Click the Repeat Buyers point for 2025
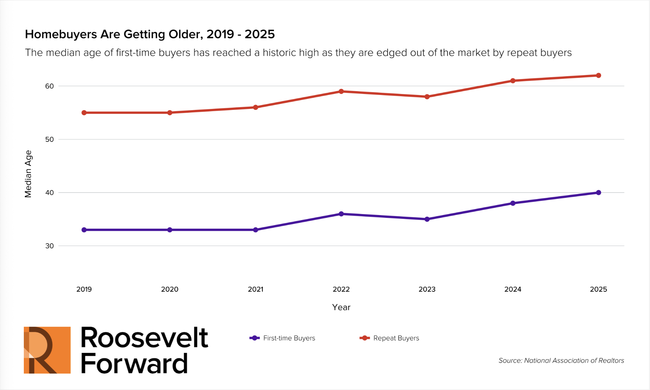pos(598,76)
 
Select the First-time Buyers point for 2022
pos(341,214)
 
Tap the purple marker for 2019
pos(84,230)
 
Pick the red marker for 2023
pos(427,97)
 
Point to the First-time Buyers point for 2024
pos(513,203)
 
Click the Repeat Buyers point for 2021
pos(256,107)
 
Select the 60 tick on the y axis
pos(50,86)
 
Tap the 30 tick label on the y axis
pos(50,246)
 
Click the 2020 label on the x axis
pos(170,289)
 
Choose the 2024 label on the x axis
pos(513,289)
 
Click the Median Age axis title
pos(28,174)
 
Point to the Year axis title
pos(341,307)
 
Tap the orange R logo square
pos(47,350)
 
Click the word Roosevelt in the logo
pos(144,338)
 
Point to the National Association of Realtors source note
pos(561,360)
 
